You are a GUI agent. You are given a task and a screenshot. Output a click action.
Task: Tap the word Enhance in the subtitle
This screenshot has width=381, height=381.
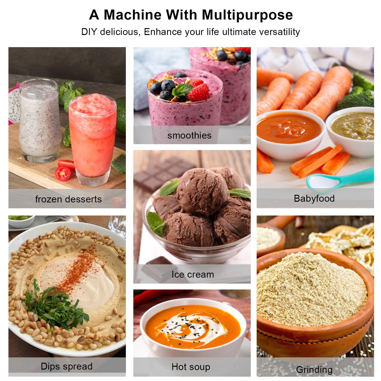tap(163, 32)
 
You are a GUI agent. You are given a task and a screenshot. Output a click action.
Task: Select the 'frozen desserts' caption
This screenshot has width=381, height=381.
tap(68, 199)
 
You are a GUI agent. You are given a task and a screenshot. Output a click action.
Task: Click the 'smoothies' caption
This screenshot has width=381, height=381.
tap(189, 136)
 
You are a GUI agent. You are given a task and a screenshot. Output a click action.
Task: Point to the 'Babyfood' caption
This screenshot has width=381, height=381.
tap(314, 199)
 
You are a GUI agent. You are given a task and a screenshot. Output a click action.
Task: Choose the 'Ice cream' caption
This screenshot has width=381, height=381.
tap(192, 274)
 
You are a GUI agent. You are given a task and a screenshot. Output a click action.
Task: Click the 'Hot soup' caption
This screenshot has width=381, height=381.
tap(191, 361)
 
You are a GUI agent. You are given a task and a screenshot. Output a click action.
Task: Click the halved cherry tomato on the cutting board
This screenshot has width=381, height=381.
tap(63, 173)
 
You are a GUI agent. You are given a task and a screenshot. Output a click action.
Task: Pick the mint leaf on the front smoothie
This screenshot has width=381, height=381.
tap(182, 90)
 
